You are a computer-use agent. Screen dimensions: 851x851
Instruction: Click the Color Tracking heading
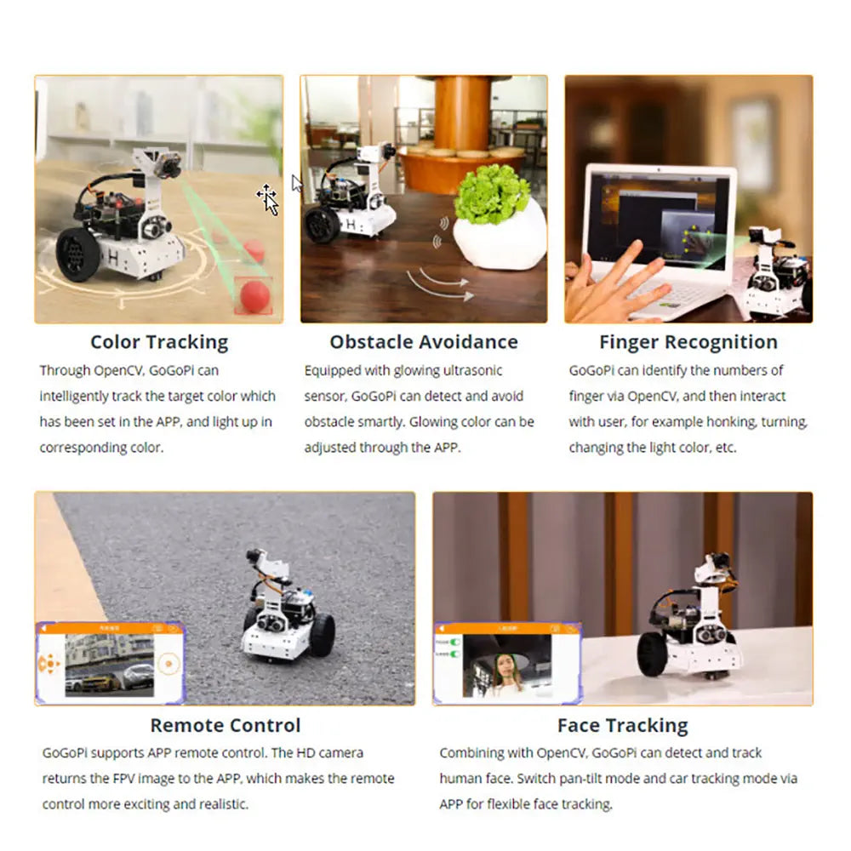[159, 342]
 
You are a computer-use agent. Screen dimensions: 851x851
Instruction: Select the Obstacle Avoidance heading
[424, 342]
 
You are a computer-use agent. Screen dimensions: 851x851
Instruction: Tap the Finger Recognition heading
[688, 342]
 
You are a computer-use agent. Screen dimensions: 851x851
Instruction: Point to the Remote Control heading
[226, 725]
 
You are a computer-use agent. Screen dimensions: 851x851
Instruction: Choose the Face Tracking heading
[623, 726]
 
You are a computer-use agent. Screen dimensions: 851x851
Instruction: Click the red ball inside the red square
[254, 296]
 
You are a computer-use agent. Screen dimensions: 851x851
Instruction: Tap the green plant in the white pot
[491, 194]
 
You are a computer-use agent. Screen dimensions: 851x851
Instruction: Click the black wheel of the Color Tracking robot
[77, 254]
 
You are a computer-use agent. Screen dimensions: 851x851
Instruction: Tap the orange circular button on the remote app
[168, 664]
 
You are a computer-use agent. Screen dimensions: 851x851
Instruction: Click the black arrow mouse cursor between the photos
[296, 184]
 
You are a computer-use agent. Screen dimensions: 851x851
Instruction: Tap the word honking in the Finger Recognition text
[728, 422]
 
